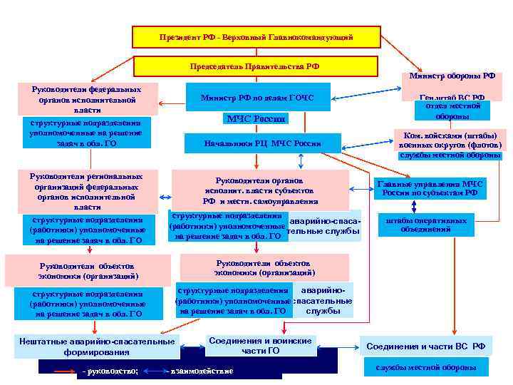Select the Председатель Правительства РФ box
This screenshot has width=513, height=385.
254,66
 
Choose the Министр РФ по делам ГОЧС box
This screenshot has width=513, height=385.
256,98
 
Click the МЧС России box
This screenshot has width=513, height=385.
255,119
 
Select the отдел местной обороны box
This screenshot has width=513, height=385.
451,111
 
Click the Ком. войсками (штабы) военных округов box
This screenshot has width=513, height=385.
450,140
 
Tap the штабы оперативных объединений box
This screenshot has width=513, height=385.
425,225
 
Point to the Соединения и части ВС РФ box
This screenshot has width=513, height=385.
425,346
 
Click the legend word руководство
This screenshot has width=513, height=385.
111,371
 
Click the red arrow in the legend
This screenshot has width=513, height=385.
64,371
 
